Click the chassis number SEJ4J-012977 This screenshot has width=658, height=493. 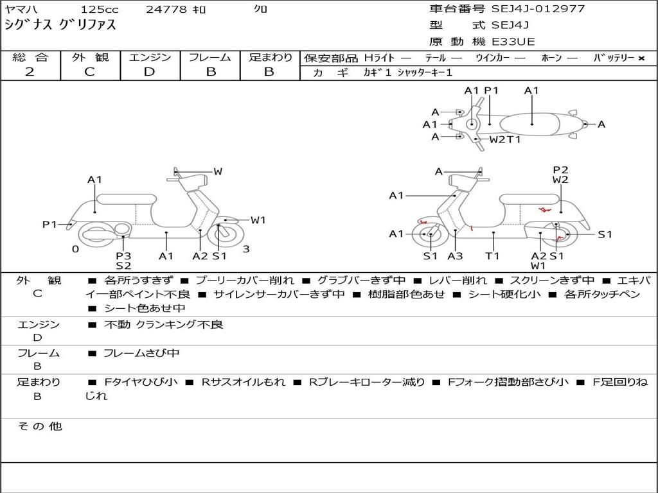click(538, 9)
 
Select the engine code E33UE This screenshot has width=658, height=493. click(513, 42)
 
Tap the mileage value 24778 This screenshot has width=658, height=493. click(166, 10)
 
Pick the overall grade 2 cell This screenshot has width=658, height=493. click(30, 71)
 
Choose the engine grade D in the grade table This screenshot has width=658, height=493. click(149, 71)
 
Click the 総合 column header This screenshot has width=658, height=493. click(30, 57)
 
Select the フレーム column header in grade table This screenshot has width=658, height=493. click(210, 57)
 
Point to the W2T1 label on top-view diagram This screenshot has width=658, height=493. click(505, 139)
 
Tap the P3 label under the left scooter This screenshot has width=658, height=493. click(123, 255)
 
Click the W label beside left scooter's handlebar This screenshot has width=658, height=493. click(218, 171)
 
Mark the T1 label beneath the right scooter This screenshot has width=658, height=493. click(492, 255)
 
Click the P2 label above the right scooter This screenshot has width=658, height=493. click(560, 170)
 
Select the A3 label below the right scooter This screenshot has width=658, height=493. click(455, 255)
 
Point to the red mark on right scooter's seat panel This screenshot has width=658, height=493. click(544, 210)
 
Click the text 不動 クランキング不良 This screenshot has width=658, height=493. click(164, 325)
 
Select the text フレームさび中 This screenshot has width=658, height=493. click(142, 353)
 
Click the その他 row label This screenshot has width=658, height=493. click(39, 426)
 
